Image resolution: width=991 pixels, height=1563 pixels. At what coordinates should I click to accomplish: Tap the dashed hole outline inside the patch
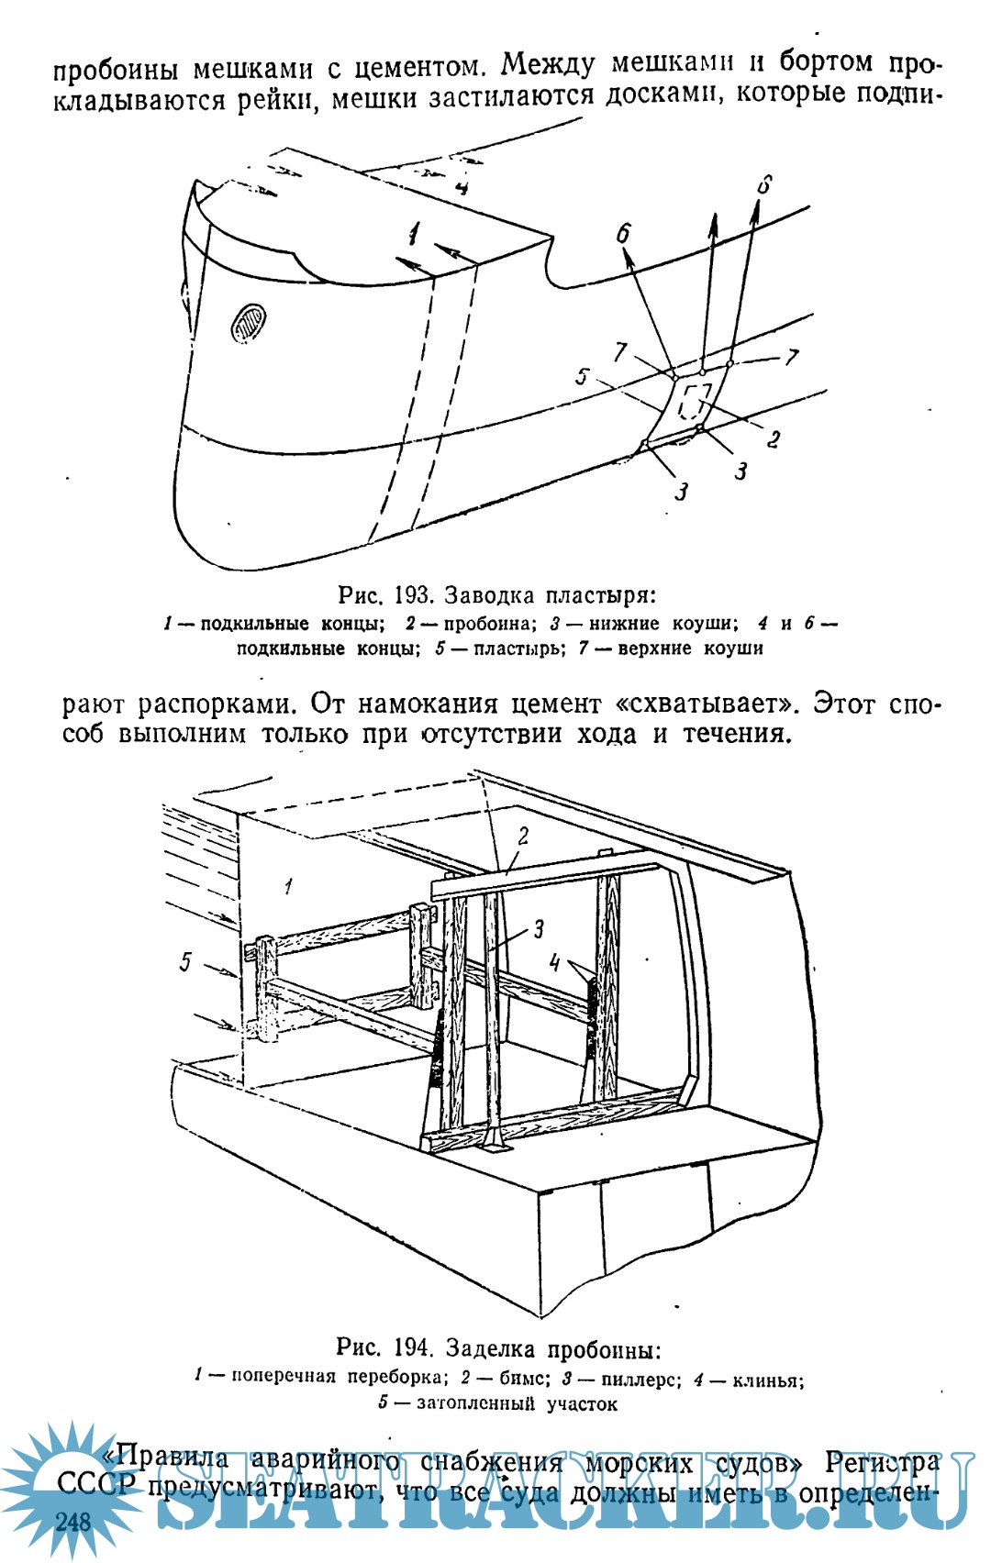coord(696,401)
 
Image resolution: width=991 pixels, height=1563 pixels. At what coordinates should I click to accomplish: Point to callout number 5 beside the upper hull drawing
coord(583,375)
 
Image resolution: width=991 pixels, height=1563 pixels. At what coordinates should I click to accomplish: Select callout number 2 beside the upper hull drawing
coord(774,439)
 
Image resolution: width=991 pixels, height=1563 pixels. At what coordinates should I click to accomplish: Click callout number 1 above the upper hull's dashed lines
coord(414,234)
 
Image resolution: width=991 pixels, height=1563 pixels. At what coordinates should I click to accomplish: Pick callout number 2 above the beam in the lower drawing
coord(523,836)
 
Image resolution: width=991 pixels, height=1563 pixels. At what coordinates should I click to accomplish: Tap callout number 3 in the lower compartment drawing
coord(539,928)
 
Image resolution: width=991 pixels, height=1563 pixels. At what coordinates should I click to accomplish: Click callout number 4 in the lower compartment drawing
coord(554,962)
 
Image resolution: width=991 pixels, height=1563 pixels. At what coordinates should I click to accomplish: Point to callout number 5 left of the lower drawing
coord(186,961)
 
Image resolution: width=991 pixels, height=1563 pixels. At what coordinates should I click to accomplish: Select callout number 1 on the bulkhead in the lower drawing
coord(288,886)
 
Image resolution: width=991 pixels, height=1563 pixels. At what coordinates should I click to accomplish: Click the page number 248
coord(73,1522)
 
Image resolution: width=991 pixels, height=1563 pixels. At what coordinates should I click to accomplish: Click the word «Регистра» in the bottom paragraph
coord(882,1461)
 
